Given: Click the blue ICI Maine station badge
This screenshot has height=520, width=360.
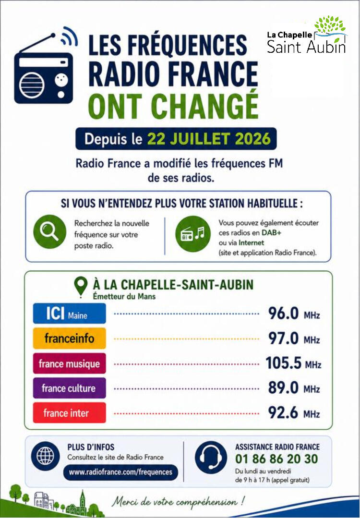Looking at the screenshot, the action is [69, 314].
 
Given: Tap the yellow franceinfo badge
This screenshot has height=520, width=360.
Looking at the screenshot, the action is [69, 339].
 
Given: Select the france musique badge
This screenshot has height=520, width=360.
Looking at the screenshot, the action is [69, 363].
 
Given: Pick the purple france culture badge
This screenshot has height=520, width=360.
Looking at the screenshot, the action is [69, 388].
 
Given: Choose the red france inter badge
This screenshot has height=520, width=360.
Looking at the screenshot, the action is [69, 413].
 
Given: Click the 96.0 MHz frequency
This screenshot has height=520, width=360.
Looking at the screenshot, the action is [294, 314].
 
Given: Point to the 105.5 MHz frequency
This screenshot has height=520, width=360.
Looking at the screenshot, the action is [293, 363].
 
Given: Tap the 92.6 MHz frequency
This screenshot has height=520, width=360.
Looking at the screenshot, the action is [294, 413].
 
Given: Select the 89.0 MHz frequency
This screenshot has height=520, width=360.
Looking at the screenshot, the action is [294, 388].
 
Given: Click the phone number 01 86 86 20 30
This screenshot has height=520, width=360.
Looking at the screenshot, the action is [276, 459].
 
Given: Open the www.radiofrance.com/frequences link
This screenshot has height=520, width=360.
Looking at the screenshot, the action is [120, 472].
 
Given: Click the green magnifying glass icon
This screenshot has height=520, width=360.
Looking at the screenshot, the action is [50, 231].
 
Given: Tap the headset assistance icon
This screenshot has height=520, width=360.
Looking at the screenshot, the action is [211, 457].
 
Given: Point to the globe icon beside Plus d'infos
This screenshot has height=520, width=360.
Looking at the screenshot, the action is [46, 456].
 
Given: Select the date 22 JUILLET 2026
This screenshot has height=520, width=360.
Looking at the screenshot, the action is [209, 139].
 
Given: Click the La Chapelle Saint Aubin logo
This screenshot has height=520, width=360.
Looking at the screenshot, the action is [307, 35].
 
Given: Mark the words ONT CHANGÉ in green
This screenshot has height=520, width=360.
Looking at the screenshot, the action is [173, 106].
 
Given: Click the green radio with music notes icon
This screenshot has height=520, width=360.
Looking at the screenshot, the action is [193, 234].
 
